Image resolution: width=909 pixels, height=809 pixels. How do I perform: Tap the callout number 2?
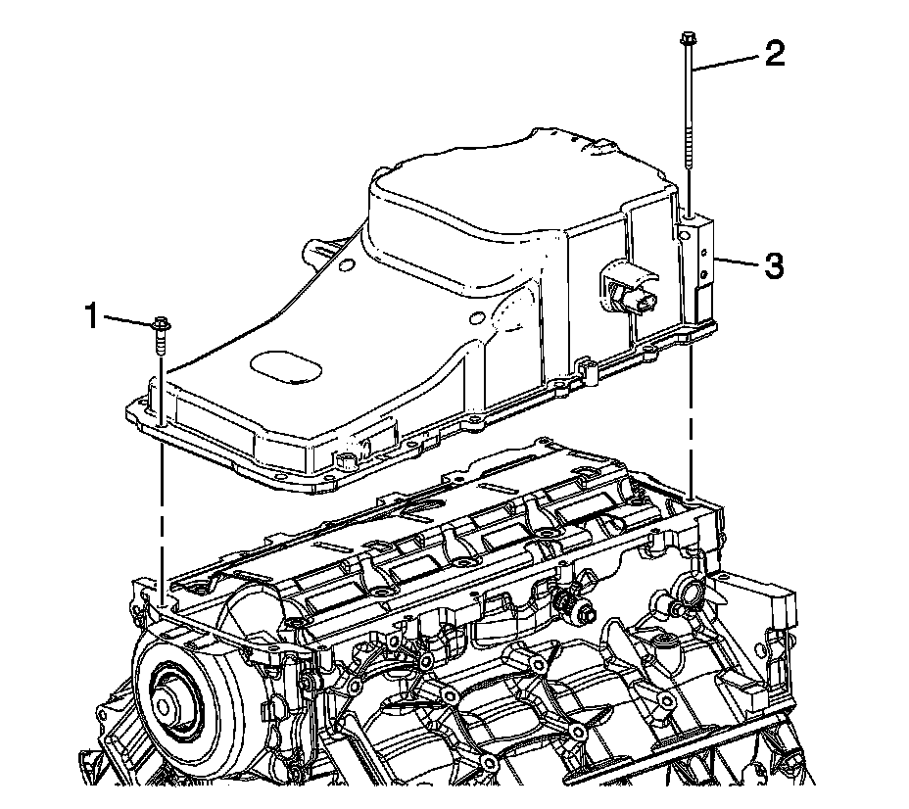[774, 54]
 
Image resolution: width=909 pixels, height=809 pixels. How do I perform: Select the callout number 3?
[774, 265]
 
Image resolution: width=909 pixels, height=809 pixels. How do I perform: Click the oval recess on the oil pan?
[285, 370]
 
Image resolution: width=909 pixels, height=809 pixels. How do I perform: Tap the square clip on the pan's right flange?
[586, 370]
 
